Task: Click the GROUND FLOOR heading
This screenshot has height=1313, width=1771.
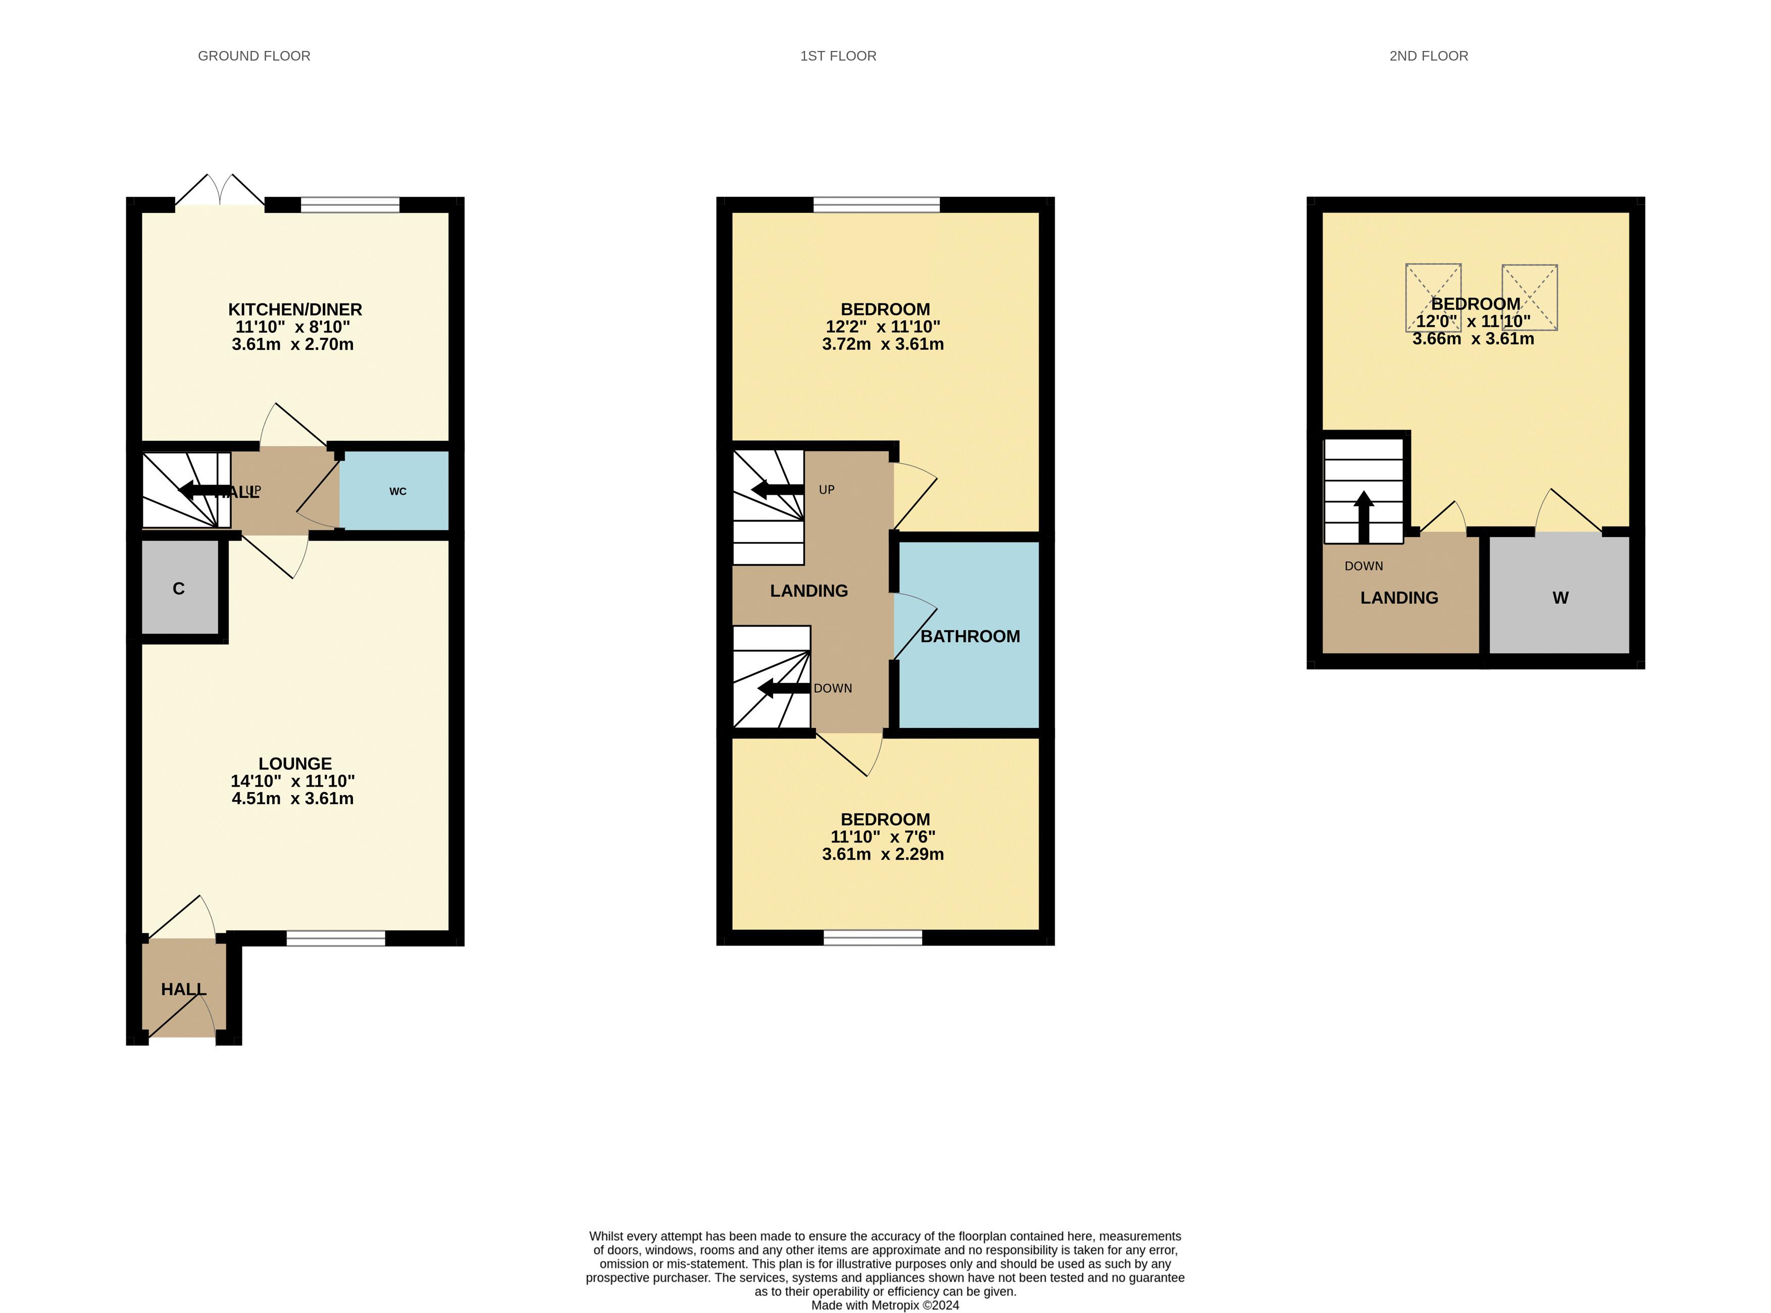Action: [255, 56]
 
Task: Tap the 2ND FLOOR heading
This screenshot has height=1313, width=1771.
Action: [1429, 56]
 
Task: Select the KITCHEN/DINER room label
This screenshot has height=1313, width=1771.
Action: [295, 309]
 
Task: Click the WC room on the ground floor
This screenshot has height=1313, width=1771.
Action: [394, 490]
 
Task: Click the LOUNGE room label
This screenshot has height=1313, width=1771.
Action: [295, 763]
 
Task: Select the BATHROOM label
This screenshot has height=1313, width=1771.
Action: [970, 636]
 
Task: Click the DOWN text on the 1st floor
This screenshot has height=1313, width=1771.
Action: [832, 688]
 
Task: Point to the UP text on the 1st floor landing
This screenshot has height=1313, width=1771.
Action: [827, 490]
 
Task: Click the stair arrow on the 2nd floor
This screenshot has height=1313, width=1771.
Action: [1364, 516]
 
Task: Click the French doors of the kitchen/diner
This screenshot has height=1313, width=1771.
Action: [220, 191]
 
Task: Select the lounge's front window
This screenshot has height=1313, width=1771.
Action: [335, 938]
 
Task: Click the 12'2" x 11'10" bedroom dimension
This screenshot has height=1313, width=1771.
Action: [883, 327]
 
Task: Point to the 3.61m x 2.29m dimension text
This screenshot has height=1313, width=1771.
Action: [883, 855]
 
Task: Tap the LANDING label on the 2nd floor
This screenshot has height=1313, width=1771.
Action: [1399, 598]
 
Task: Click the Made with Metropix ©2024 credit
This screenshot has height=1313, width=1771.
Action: [885, 1305]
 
